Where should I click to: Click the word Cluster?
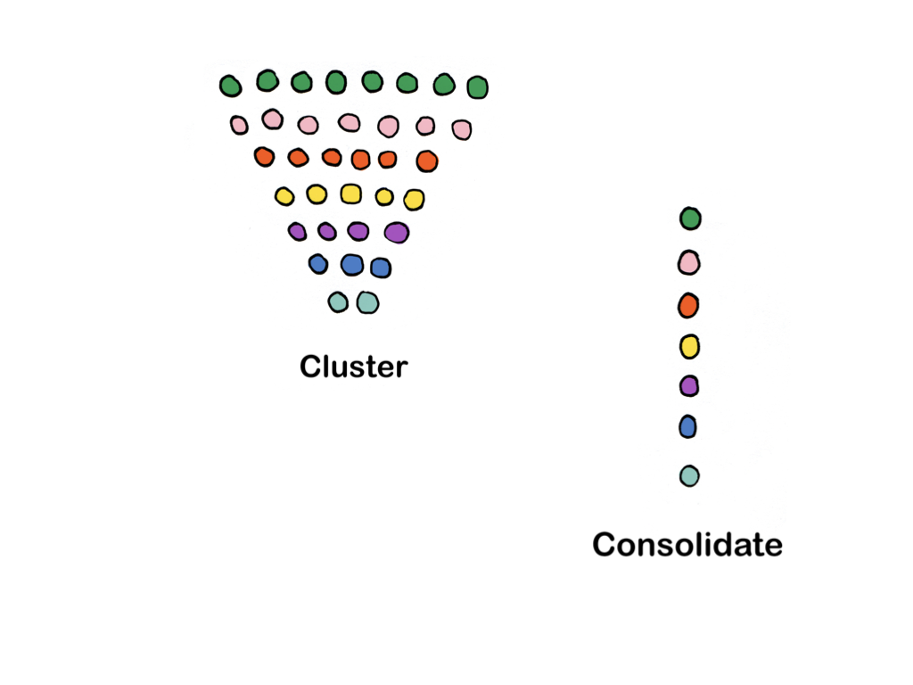pos(353,367)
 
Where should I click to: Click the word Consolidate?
pos(687,544)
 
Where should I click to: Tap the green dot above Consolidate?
pos(690,219)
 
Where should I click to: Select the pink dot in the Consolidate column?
pos(688,262)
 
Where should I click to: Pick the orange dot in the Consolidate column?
pos(687,306)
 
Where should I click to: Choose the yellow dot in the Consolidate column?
pos(688,346)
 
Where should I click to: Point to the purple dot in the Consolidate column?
pos(688,386)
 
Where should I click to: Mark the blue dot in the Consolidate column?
pos(687,427)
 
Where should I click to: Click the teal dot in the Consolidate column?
pos(688,476)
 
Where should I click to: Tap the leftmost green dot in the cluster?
pos(230,86)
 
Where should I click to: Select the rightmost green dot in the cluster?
pos(477,87)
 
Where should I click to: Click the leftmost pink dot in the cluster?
pos(239,125)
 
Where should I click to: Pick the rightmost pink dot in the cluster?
pos(461,130)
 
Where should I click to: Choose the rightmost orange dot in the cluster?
pos(427,161)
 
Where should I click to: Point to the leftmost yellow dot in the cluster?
pos(284,196)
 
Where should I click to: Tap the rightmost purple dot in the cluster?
pos(397,233)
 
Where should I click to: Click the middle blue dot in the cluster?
pos(352,265)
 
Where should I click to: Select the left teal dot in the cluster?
pos(338,302)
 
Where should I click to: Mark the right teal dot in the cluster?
pos(367,303)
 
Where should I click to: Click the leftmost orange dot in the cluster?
pos(263,157)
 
